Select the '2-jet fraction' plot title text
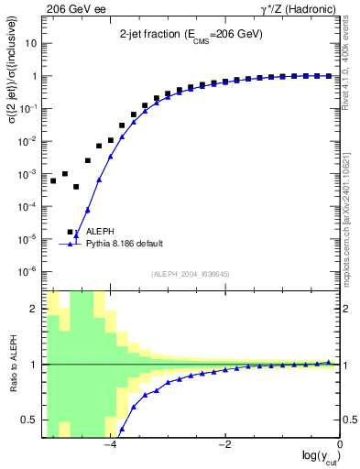tap(192, 36)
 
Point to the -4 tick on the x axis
tap(110, 444)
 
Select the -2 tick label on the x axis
tap(224, 444)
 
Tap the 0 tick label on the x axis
tap(340, 444)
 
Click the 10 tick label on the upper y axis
tap(30, 44)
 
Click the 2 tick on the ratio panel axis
tap(35, 309)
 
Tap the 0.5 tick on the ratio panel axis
tap(31, 420)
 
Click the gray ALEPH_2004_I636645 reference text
tap(192, 274)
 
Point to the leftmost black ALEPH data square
tap(53, 181)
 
